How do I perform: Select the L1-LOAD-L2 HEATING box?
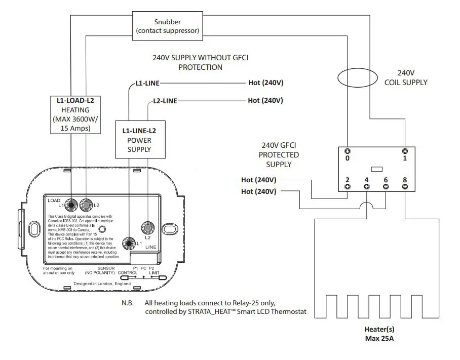[75, 114]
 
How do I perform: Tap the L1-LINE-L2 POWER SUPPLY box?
[139, 140]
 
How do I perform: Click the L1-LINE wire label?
[147, 83]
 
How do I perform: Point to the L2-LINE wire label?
[165, 101]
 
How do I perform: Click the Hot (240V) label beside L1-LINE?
[265, 83]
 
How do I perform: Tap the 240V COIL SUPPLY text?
[406, 77]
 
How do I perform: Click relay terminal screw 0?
[347, 151]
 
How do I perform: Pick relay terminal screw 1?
[405, 151]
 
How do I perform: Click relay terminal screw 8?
[405, 187]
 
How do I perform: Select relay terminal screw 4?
[366, 187]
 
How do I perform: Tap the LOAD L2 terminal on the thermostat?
[87, 205]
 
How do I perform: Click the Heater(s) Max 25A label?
[380, 333]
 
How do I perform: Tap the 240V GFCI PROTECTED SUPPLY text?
[279, 154]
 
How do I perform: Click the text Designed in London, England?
[102, 284]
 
